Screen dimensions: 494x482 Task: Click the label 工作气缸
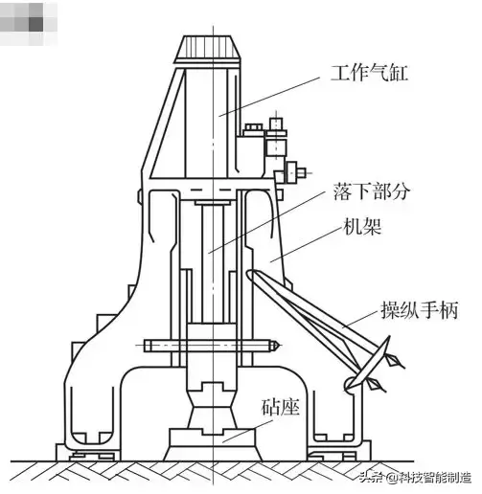[368, 72]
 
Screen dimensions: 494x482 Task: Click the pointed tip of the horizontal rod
[279, 345]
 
